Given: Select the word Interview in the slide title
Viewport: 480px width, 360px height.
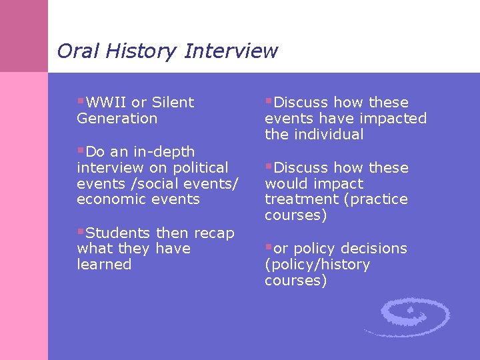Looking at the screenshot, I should [x=231, y=51].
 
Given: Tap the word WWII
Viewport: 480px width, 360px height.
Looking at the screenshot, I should [x=107, y=103].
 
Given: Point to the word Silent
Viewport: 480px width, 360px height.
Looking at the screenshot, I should [x=173, y=103].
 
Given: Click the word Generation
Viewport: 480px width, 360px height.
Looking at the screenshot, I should [x=117, y=119].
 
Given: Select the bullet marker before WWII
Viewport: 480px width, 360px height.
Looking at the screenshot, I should [x=81, y=102].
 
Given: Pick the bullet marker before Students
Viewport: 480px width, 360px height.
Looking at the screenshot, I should [x=81, y=233].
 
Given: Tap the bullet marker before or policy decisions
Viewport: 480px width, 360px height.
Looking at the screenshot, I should [x=269, y=248].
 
